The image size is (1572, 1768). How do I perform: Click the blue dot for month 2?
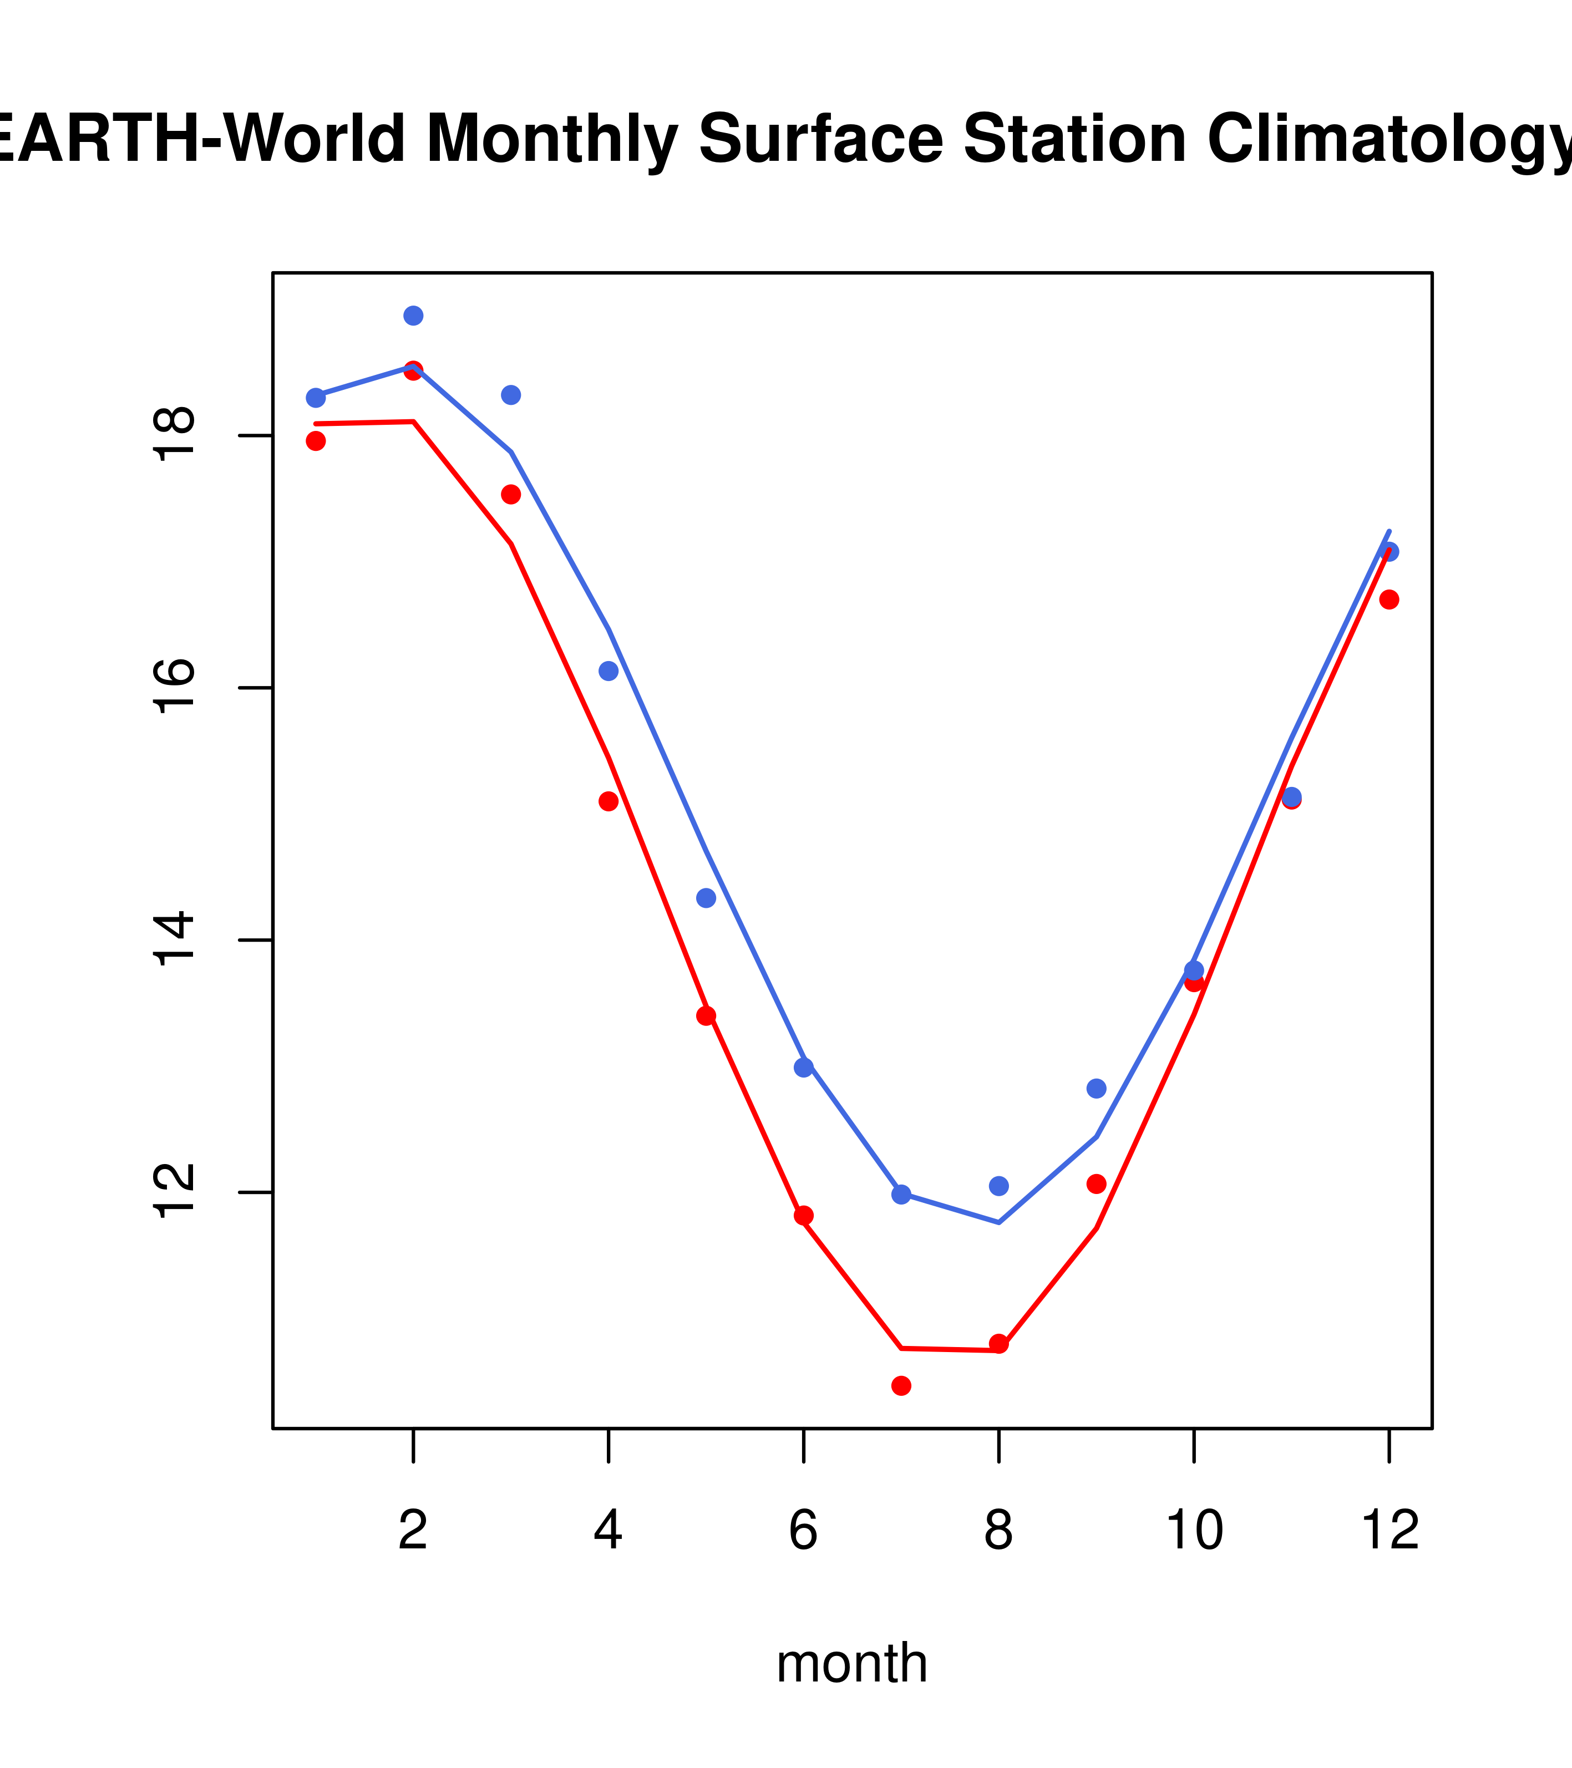(414, 316)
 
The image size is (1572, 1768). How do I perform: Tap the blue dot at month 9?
(1096, 1088)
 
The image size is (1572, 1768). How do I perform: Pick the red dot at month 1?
(316, 441)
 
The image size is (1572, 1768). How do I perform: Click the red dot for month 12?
(1390, 600)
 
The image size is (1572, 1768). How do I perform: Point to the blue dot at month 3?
(511, 395)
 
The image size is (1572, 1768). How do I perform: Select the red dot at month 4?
(609, 802)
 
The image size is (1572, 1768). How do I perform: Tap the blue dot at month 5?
(707, 899)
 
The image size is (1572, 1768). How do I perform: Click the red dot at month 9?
(1096, 1184)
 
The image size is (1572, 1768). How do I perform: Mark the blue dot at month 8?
(999, 1186)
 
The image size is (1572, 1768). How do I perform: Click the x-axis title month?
(852, 1663)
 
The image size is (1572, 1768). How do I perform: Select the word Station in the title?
(1074, 139)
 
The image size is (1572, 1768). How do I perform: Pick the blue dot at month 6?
(804, 1068)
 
